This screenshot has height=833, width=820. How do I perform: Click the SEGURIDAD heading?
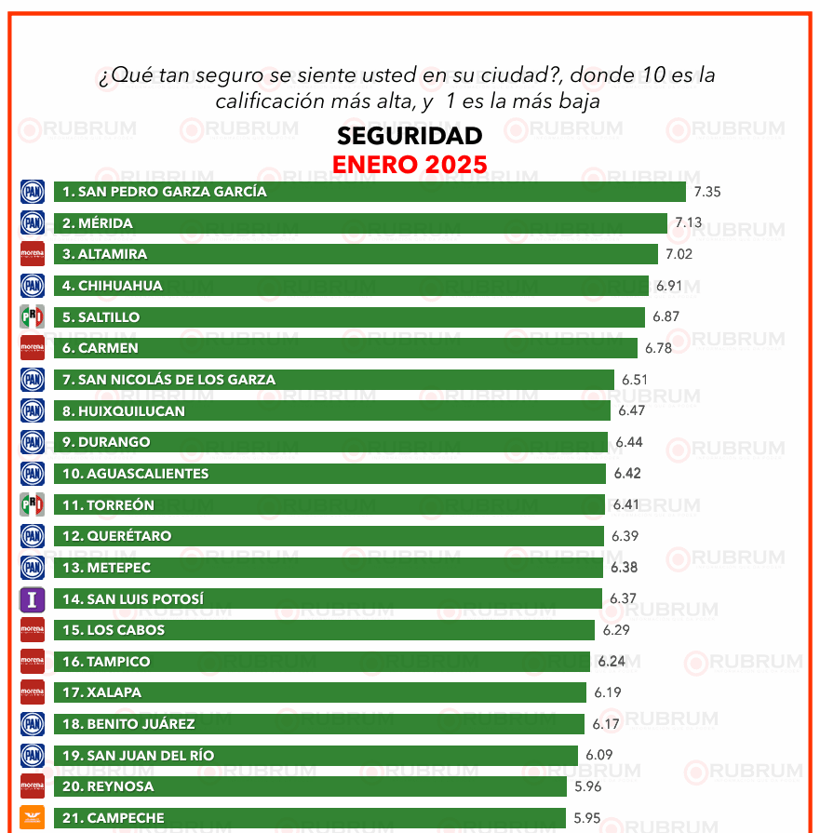pos(410,136)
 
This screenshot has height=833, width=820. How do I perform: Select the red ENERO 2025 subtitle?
pos(410,165)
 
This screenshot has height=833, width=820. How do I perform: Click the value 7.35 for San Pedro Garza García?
pos(707,192)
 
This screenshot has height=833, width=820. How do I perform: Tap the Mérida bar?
pos(361,223)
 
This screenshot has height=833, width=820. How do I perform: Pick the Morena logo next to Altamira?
pos(33,254)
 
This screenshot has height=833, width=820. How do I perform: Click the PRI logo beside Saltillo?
pos(33,317)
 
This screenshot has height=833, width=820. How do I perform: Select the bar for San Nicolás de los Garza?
pos(334,380)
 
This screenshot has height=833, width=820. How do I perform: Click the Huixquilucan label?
pos(124,411)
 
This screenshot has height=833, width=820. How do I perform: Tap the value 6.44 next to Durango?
pos(628,442)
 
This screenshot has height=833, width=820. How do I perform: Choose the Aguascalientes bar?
pos(329,474)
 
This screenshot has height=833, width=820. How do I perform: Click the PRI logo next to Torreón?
pos(33,505)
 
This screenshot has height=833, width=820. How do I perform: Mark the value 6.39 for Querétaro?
pos(625,536)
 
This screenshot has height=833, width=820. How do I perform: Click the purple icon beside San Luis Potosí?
pos(33,599)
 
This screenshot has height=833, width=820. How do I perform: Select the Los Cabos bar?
pos(324,630)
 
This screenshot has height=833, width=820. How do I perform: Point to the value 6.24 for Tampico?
pos(612,662)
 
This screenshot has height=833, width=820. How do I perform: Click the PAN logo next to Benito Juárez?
pos(33,724)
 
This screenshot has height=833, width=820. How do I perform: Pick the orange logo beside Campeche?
pos(33,818)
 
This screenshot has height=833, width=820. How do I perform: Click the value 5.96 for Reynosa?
pos(587,786)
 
